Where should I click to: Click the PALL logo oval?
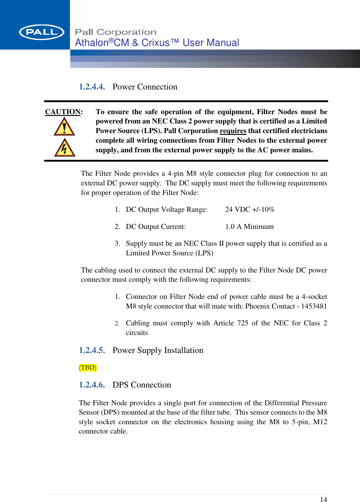tap(41, 32)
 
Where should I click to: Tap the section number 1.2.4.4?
tap(92, 87)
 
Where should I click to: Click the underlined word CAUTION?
tap(63, 112)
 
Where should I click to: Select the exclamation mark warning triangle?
tap(64, 127)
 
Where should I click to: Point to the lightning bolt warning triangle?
tap(65, 148)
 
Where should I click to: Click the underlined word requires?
tap(233, 131)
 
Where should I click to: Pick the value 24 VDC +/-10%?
tap(250, 209)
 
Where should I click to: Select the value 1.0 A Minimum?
tap(250, 227)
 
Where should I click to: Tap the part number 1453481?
tap(314, 306)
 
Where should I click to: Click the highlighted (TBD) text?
tap(88, 367)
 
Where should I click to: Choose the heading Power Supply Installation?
tap(158, 350)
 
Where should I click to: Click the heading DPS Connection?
tap(142, 385)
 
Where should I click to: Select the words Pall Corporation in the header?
tap(116, 32)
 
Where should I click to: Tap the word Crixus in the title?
tap(156, 43)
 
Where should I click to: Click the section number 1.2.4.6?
tap(92, 385)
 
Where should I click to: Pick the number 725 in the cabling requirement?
tap(243, 323)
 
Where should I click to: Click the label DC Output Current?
tap(156, 227)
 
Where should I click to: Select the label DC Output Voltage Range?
tap(167, 209)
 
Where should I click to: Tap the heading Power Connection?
tap(145, 87)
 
